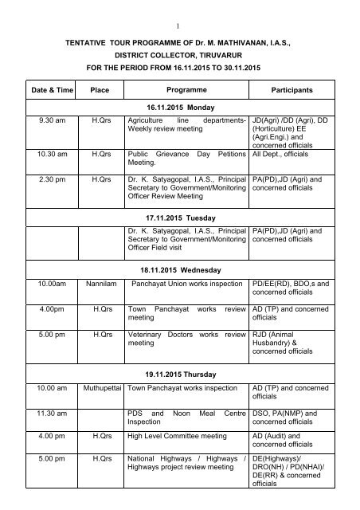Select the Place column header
point(100,92)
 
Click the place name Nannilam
point(100,284)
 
